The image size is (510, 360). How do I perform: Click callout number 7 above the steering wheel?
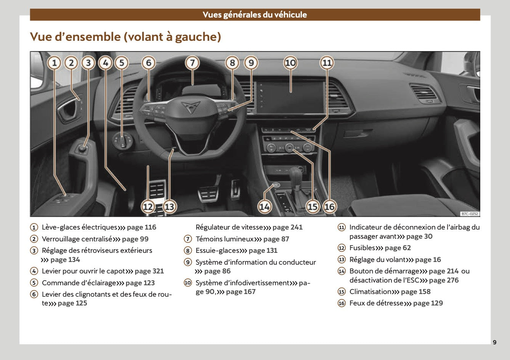pyautogui.click(x=192, y=63)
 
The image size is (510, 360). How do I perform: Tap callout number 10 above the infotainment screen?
pyautogui.click(x=290, y=63)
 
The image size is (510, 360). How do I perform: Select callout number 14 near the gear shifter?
pyautogui.click(x=265, y=207)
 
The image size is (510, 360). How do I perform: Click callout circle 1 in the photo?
pyautogui.click(x=55, y=63)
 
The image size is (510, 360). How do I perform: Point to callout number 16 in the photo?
pyautogui.click(x=329, y=207)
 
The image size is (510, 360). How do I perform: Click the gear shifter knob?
pyautogui.click(x=296, y=175)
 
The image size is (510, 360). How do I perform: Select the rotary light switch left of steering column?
pyautogui.click(x=123, y=142)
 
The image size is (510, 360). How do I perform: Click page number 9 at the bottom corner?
pyautogui.click(x=494, y=342)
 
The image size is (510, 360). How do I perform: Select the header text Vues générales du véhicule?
pyautogui.click(x=255, y=15)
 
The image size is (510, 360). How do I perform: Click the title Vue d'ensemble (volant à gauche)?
pyautogui.click(x=125, y=37)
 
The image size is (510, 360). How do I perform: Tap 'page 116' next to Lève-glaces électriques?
pyautogui.click(x=141, y=227)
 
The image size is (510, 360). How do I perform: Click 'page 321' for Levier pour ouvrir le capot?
pyautogui.click(x=149, y=271)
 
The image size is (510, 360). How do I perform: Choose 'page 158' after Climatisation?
pyautogui.click(x=415, y=292)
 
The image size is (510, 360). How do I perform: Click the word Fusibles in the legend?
pyautogui.click(x=362, y=248)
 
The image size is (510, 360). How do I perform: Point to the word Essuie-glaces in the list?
pyautogui.click(x=217, y=251)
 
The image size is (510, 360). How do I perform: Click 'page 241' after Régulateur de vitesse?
pyautogui.click(x=287, y=227)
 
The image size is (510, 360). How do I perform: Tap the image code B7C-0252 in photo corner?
pyautogui.click(x=469, y=214)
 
